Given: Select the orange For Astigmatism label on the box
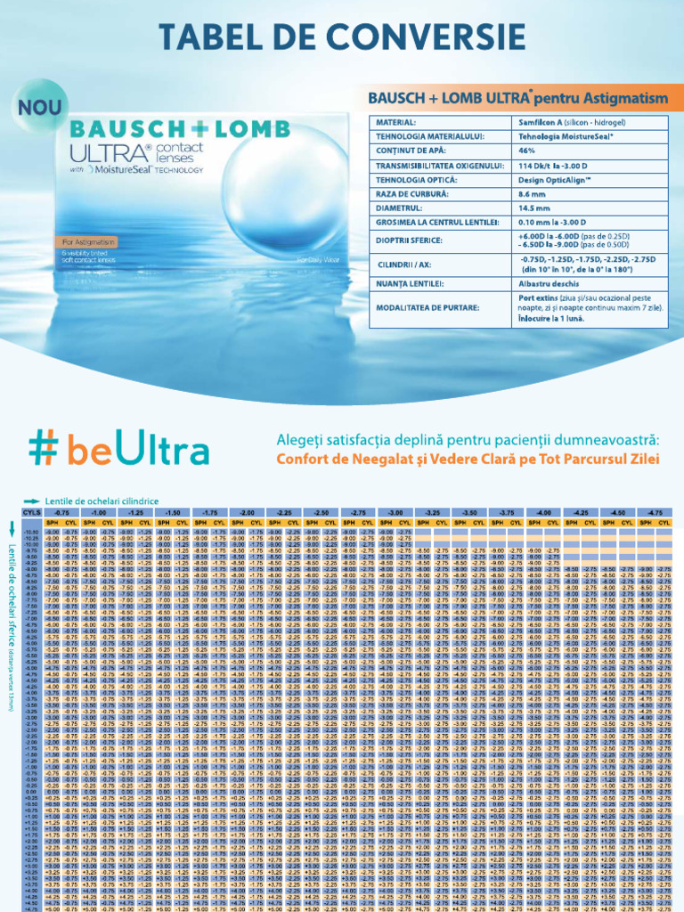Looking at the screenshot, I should click(x=90, y=241).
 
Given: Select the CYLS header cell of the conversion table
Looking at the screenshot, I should click(x=31, y=512).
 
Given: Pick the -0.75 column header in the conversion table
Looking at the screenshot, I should click(x=61, y=512).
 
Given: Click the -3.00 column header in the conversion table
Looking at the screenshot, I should click(x=390, y=512).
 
